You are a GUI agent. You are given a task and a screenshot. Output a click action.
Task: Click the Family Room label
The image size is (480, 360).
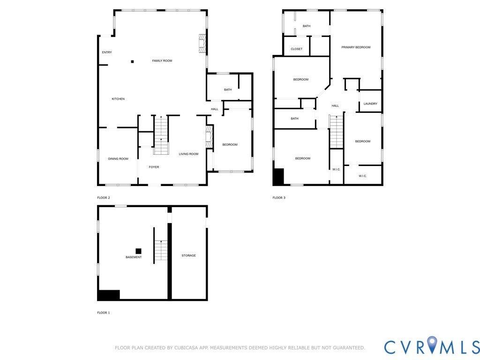[x=162, y=60]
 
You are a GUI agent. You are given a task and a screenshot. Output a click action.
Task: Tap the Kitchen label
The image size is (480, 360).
[x=118, y=99]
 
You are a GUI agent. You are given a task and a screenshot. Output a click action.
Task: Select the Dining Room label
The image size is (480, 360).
[x=118, y=158]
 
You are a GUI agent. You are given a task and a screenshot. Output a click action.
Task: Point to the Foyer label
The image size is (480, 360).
[x=154, y=167]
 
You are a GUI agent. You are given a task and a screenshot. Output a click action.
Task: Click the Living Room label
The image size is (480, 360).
[x=188, y=154]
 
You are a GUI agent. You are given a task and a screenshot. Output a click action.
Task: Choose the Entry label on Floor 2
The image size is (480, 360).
[x=107, y=52]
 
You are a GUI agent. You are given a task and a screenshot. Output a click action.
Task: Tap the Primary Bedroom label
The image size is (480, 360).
[x=356, y=47]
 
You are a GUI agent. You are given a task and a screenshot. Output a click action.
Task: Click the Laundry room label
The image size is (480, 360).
[x=370, y=104]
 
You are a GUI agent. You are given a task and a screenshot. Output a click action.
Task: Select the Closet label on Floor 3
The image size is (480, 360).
[x=297, y=49]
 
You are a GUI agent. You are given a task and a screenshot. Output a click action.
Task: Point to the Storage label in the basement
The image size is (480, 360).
[x=188, y=255]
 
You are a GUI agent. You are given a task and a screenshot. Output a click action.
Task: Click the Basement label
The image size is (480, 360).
[x=134, y=257]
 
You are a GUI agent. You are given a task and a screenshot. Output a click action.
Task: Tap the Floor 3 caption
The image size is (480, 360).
[x=279, y=198]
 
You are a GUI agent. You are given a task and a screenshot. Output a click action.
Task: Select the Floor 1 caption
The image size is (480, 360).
[x=104, y=313]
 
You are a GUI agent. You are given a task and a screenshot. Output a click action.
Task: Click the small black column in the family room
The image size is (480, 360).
[x=133, y=61]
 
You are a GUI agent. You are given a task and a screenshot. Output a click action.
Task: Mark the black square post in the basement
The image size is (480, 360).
[x=139, y=251]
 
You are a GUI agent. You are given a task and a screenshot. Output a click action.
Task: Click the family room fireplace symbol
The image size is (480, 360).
[x=202, y=43]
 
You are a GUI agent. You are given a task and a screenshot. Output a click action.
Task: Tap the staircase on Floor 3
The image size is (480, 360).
[x=336, y=132]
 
